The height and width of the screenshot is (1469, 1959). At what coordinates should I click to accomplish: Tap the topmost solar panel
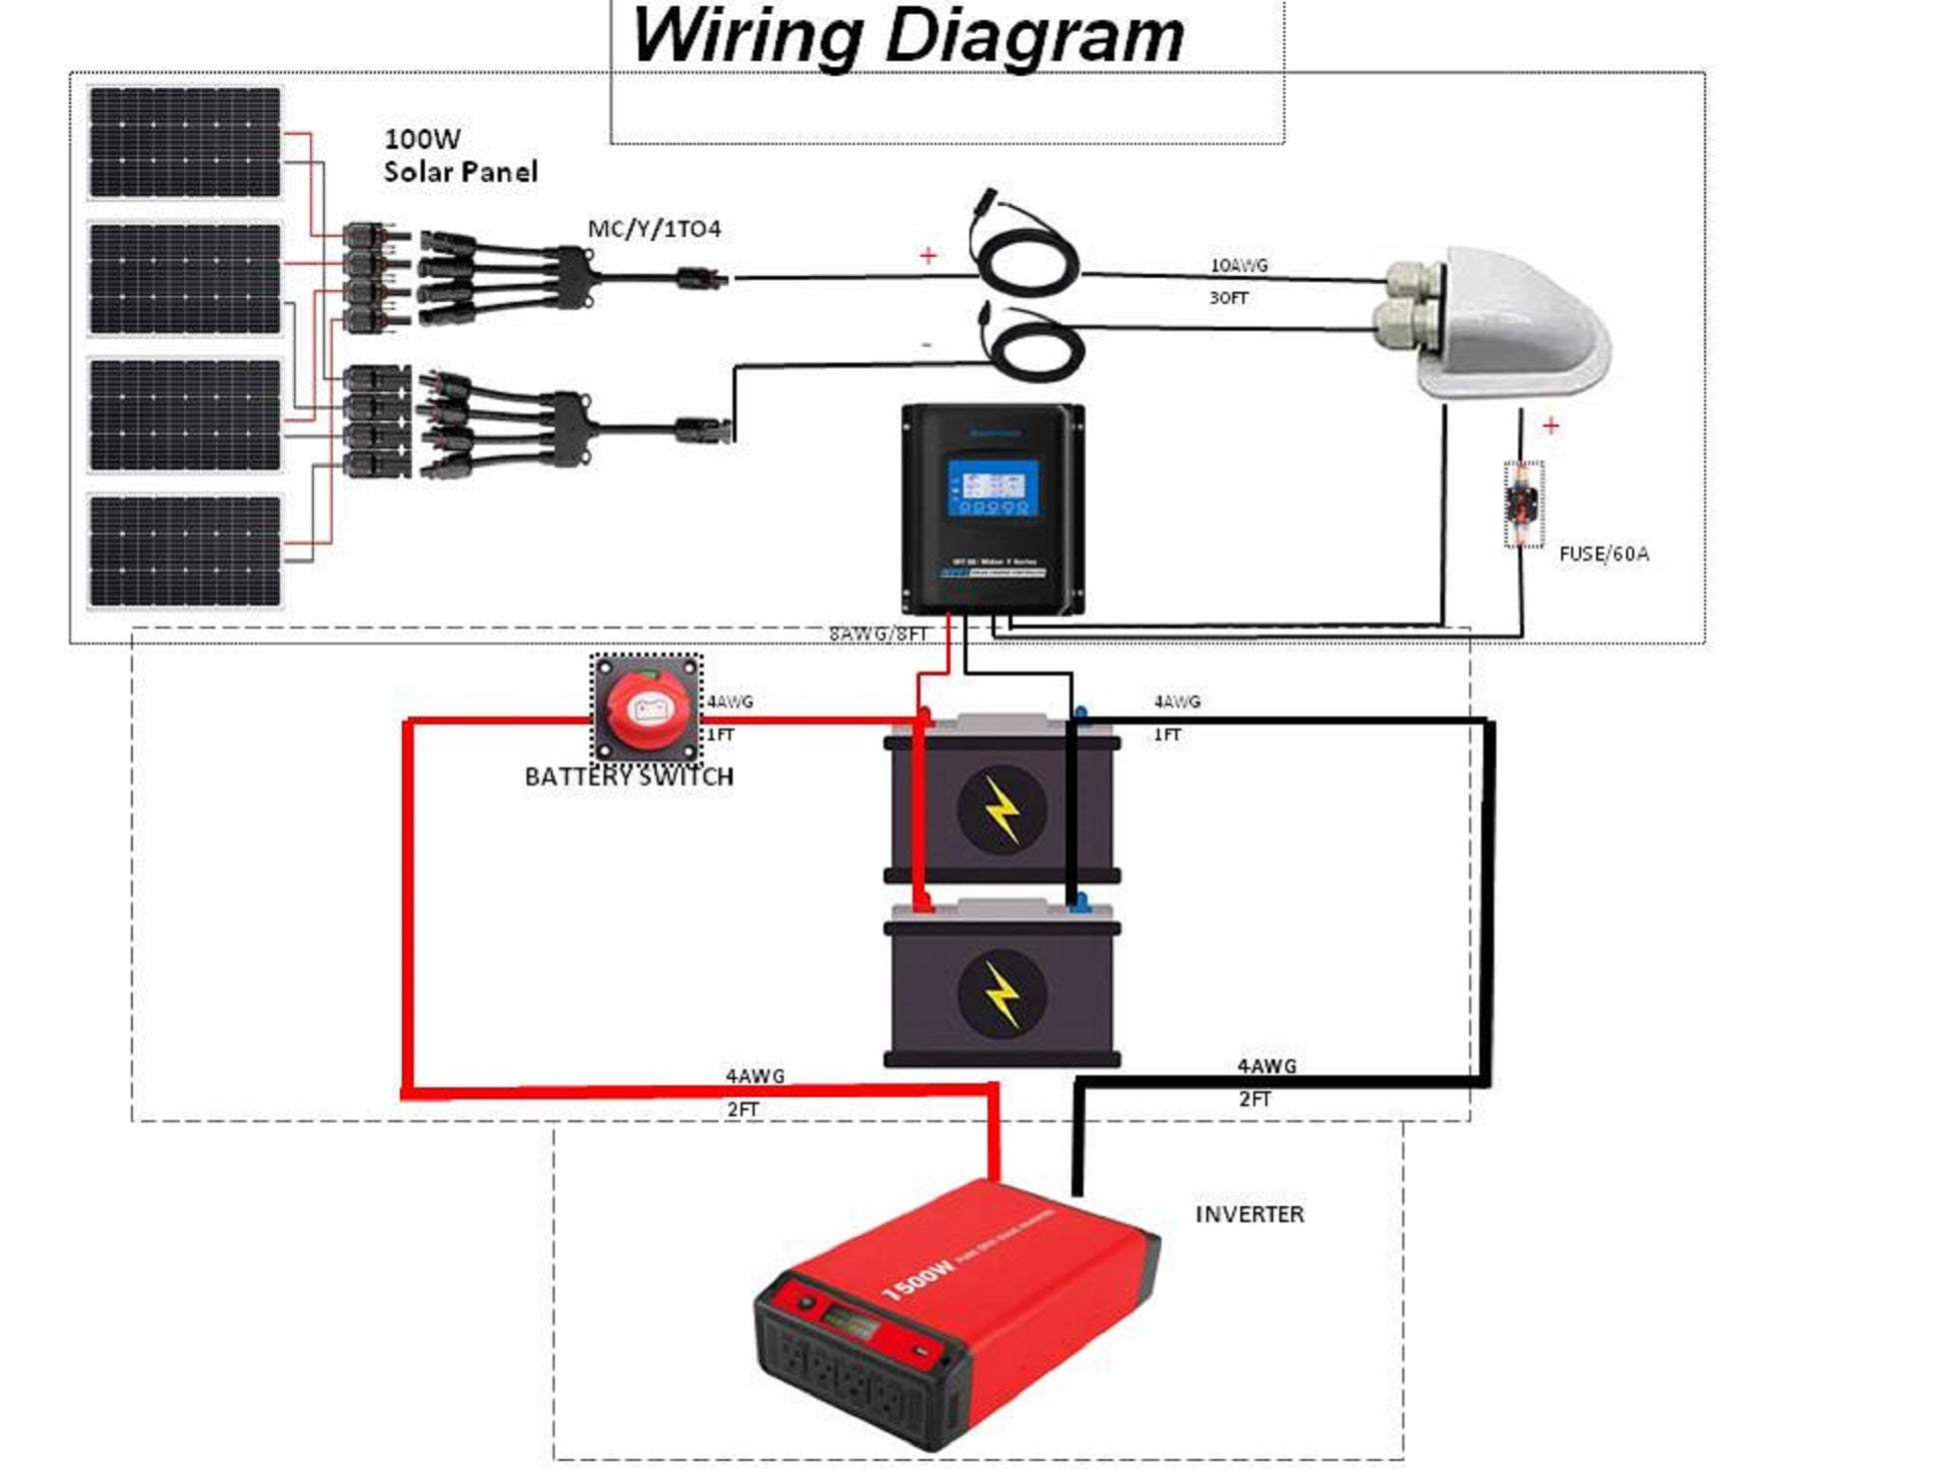[185, 143]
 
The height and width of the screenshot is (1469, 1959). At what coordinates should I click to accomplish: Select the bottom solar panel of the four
[185, 551]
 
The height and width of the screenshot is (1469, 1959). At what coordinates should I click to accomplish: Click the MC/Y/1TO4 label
[654, 230]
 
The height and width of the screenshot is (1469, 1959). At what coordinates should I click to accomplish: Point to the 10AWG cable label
[1238, 266]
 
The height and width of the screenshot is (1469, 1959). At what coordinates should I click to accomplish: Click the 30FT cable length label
[1228, 298]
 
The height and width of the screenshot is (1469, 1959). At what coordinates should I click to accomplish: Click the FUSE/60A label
[1603, 554]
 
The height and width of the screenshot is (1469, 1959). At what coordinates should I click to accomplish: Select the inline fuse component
[1523, 504]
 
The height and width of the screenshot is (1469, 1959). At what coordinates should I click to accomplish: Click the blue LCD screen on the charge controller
[992, 488]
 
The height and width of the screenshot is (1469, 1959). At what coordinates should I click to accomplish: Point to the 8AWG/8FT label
[879, 635]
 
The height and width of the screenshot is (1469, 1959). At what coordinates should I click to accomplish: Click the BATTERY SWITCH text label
[629, 776]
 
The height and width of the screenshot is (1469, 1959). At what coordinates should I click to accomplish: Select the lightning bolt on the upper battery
[1001, 809]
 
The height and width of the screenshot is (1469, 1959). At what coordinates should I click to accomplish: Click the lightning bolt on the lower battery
[1001, 993]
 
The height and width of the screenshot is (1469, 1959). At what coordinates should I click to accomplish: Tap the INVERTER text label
[1249, 1214]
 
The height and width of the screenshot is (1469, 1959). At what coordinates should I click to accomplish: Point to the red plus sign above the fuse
[1550, 427]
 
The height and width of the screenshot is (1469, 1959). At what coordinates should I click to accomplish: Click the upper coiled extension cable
[1026, 260]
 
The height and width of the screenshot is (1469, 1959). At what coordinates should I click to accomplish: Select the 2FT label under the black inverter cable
[1254, 1099]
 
